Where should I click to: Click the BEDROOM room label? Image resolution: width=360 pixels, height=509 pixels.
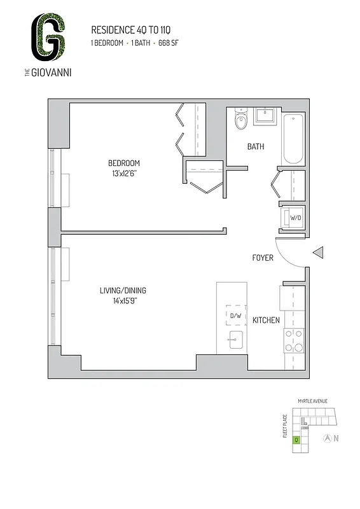click(123, 163)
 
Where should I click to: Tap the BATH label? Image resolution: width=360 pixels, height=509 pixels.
click(256, 147)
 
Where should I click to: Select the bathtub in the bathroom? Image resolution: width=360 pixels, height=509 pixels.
click(294, 138)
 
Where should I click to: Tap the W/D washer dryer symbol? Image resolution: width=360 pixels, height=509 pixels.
click(295, 218)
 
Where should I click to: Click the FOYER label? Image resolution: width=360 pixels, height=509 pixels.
click(263, 258)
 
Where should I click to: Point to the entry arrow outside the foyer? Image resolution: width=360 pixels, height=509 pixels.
click(319, 253)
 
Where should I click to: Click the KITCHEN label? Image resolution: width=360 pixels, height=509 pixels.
click(267, 320)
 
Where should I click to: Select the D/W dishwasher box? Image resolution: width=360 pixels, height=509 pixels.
click(235, 316)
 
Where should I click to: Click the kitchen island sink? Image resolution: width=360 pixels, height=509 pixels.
click(236, 340)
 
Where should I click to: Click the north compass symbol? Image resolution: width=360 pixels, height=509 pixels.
click(327, 438)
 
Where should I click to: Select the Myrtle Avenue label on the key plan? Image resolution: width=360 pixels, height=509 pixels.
click(312, 401)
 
